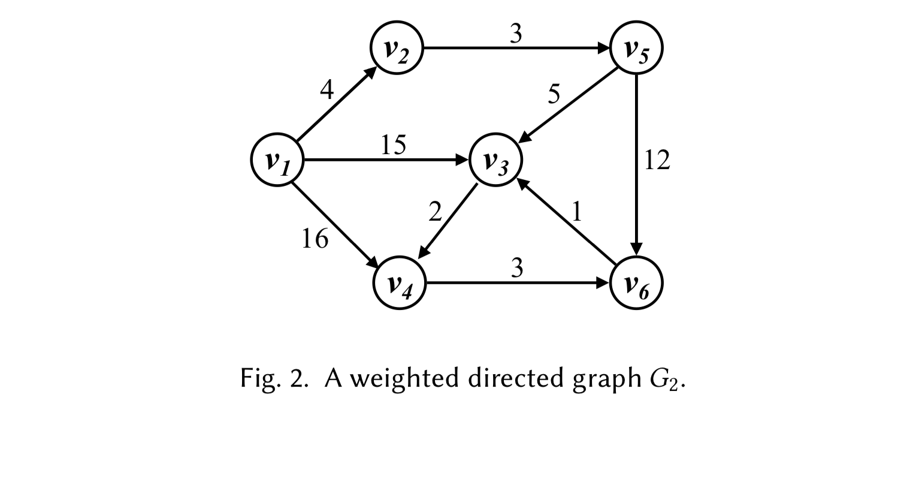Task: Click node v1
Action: pos(277,160)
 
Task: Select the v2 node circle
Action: pos(397,49)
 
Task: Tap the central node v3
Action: pos(495,160)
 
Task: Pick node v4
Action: pos(399,283)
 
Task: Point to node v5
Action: pos(636,49)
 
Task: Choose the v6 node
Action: pos(636,283)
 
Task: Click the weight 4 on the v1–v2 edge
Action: pos(327,90)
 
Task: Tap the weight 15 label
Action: pos(393,145)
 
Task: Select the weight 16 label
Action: pos(315,239)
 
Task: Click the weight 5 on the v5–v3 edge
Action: pos(554,94)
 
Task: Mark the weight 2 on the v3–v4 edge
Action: pos(436,212)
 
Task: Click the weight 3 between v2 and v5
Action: pos(516,35)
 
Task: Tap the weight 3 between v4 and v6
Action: pos(517,268)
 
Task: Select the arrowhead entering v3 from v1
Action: pos(462,160)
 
